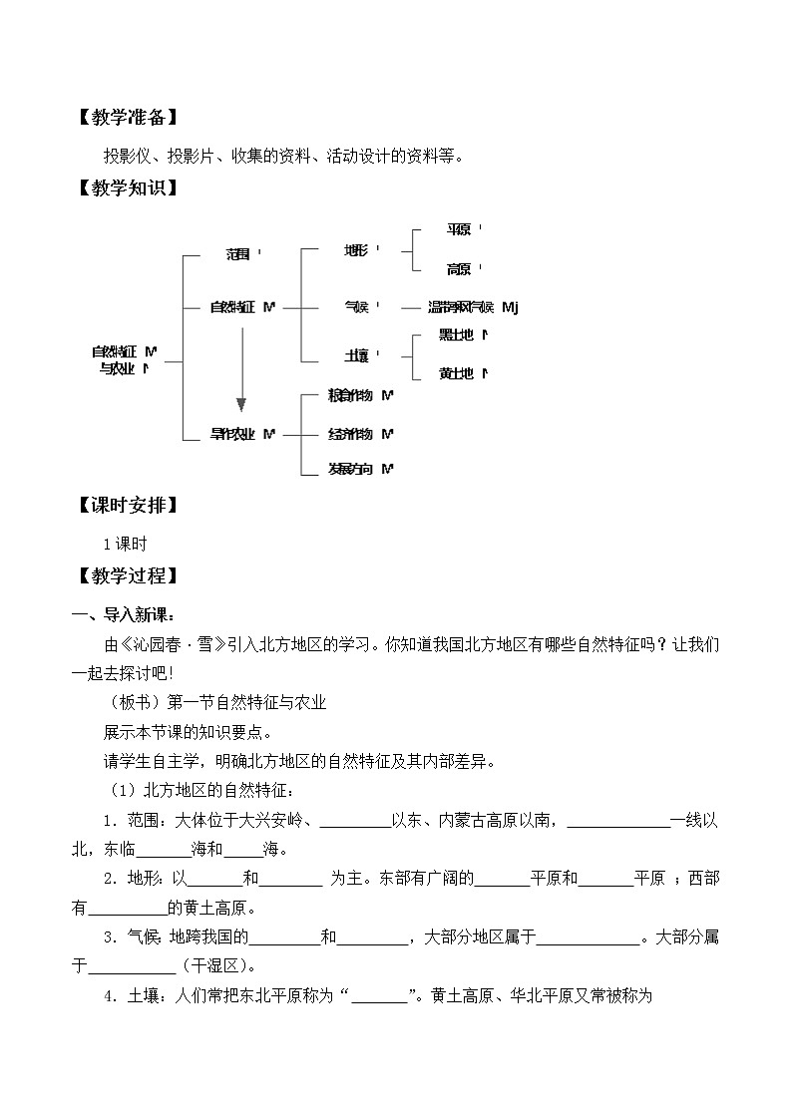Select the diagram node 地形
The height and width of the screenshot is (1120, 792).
[x=355, y=250]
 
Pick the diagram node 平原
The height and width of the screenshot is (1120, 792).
[x=459, y=230]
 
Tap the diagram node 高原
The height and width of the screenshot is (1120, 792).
[x=459, y=269]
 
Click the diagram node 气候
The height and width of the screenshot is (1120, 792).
[x=355, y=308]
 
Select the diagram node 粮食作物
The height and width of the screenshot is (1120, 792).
[x=350, y=396]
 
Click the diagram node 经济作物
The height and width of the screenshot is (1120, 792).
[x=350, y=434]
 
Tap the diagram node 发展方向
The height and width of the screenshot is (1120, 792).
[x=350, y=469]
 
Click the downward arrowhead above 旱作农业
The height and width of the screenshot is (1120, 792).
[x=240, y=404]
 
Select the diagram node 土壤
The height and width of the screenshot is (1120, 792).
[x=355, y=355]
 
